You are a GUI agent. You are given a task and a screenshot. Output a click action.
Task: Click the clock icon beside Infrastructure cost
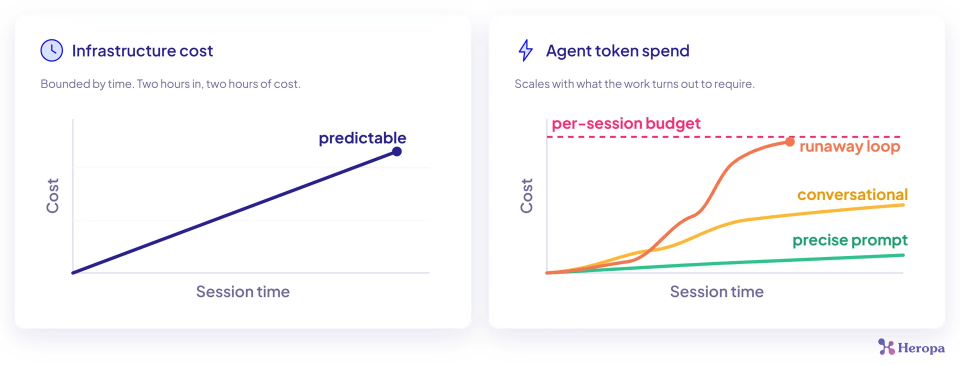click(51, 50)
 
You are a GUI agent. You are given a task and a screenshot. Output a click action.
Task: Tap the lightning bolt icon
click(525, 50)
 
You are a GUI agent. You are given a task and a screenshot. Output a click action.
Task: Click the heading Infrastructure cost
click(142, 50)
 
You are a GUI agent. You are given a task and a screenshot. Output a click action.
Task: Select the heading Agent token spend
click(617, 51)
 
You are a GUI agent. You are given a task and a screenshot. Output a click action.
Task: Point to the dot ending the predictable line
click(397, 151)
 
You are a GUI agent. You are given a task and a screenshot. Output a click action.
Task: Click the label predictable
click(362, 138)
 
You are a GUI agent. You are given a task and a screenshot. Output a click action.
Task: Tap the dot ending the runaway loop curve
click(789, 142)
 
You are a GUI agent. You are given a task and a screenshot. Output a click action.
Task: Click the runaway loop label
click(849, 146)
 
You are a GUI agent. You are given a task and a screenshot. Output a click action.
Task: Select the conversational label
click(852, 194)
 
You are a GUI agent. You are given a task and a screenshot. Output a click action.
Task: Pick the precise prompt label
click(850, 240)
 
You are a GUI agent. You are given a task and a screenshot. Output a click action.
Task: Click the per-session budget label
click(626, 123)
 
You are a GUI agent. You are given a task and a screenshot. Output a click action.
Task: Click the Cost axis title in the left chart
click(52, 195)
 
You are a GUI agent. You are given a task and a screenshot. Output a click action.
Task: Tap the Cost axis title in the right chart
click(526, 195)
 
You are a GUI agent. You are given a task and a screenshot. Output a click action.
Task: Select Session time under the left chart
click(243, 291)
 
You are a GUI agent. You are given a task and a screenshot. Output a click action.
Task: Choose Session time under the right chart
click(717, 291)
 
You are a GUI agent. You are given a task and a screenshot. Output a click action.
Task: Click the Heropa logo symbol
click(886, 347)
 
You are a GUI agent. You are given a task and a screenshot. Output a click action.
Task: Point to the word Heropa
click(921, 348)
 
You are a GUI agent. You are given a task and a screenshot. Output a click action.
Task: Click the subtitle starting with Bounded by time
click(170, 84)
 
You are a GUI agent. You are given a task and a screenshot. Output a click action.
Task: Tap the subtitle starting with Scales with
click(634, 84)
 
